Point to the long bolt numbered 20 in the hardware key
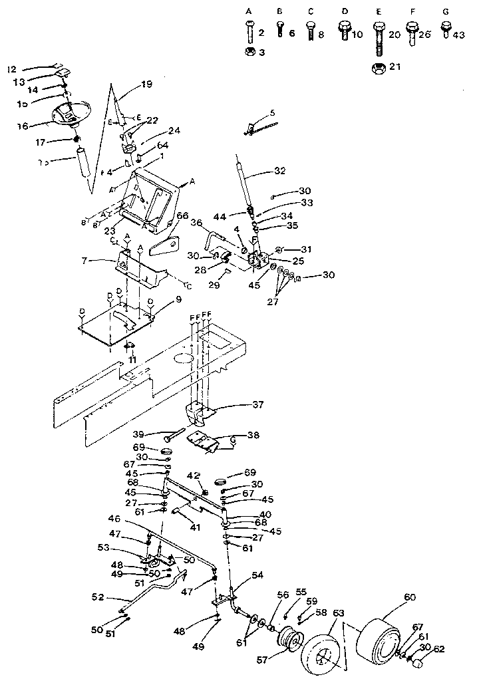(x=377, y=36)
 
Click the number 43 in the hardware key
(x=458, y=36)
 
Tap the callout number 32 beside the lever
(x=279, y=171)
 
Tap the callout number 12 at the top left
(x=11, y=69)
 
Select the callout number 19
(x=146, y=84)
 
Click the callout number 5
(x=272, y=112)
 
